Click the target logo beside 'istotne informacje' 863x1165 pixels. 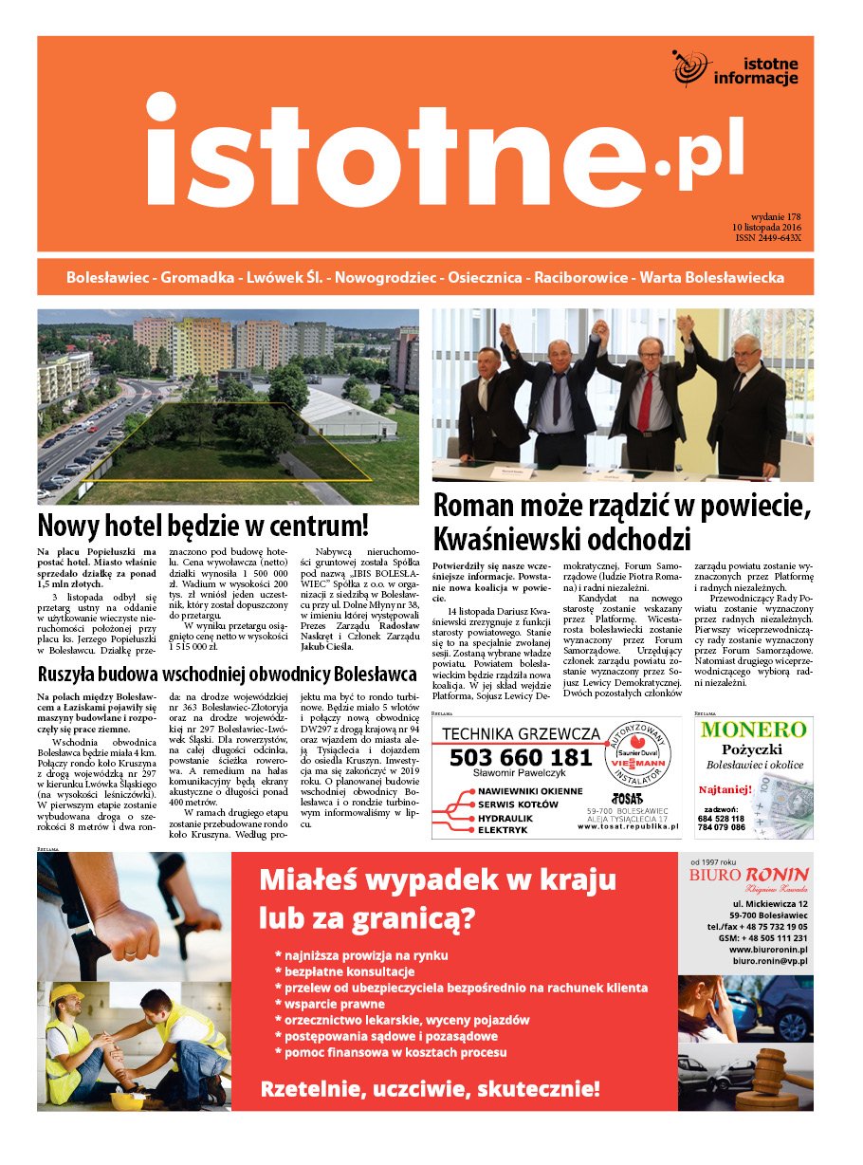coord(691,67)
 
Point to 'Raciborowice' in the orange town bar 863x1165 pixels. coord(579,278)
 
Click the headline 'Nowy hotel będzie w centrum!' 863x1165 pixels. coord(203,525)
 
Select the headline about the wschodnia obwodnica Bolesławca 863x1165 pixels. coord(227,675)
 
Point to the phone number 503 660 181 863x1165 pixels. coord(520,757)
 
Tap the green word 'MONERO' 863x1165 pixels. coord(754,730)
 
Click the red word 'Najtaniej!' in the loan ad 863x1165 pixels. coord(726,789)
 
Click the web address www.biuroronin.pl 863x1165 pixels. coord(767,948)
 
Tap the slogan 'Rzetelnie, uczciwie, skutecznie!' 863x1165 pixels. coord(431,1088)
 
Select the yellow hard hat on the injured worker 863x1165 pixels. coord(66,995)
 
